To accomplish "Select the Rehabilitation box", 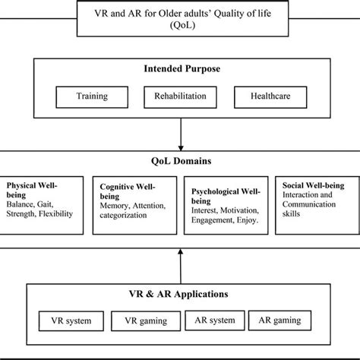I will pos(180,97).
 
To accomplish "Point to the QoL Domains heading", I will pos(179,161).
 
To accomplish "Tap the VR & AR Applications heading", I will pos(179,293).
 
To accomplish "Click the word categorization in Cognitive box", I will pos(124,216).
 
